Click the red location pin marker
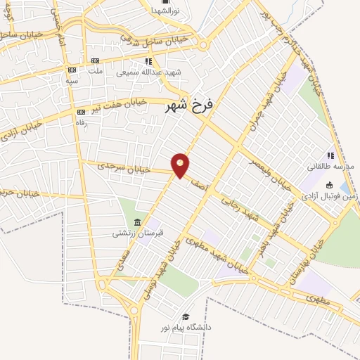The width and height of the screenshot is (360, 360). [181, 165]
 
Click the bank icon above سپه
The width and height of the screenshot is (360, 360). [72, 70]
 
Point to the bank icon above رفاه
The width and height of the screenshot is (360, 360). [81, 111]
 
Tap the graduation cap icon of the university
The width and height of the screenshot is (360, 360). [186, 317]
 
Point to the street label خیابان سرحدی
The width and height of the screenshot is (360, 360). [114, 167]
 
